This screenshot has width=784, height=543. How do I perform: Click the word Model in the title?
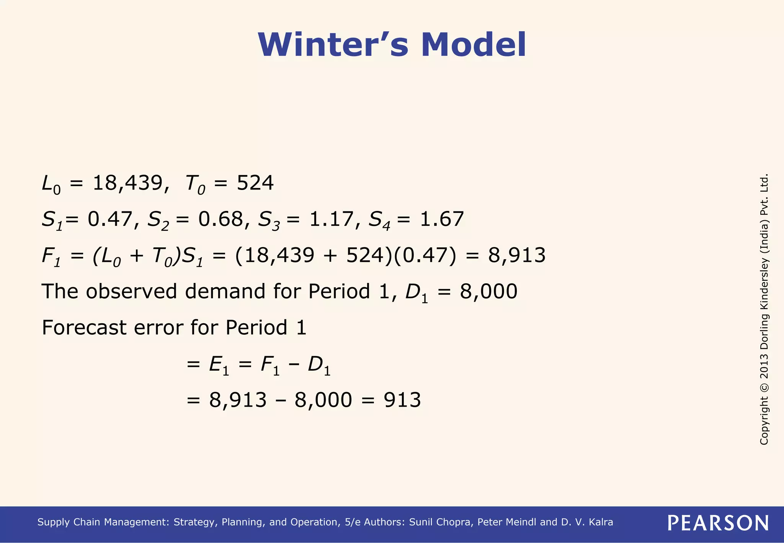click(x=474, y=45)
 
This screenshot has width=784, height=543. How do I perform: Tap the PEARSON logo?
click(x=718, y=523)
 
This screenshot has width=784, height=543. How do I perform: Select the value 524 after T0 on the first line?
click(x=255, y=183)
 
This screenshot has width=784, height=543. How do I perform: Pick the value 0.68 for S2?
click(x=220, y=219)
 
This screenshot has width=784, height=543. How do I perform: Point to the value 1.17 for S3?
click(x=331, y=219)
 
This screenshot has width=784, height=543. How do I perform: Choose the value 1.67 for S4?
click(x=442, y=219)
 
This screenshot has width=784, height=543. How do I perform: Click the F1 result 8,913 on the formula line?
click(x=516, y=255)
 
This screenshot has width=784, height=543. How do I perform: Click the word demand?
click(x=225, y=291)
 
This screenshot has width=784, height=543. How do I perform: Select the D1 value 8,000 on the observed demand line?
click(x=488, y=291)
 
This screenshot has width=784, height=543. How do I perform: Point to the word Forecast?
click(x=84, y=328)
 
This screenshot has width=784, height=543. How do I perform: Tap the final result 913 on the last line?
click(x=402, y=400)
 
